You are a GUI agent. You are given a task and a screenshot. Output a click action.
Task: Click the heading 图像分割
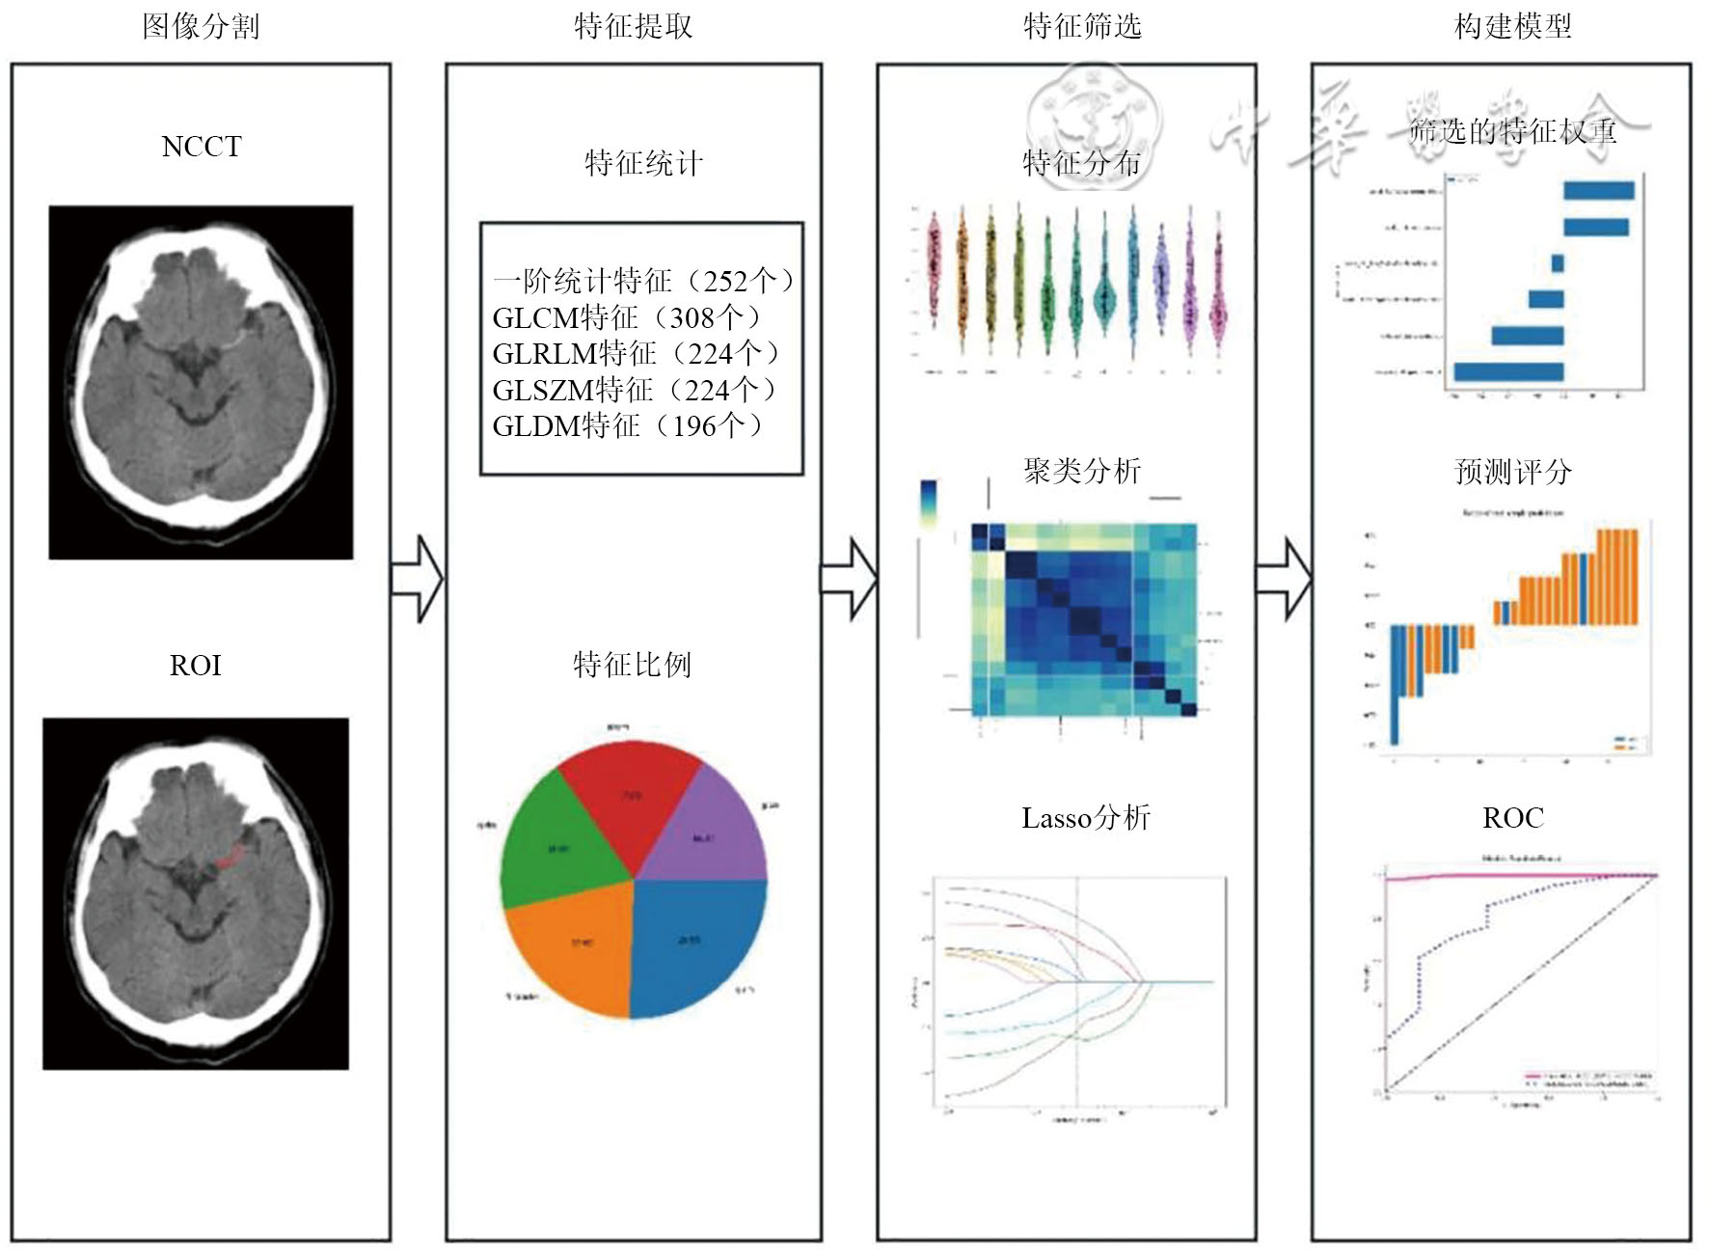[x=201, y=26]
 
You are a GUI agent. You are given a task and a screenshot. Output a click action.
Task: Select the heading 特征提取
[x=633, y=26]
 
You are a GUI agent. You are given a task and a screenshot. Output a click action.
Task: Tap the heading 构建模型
[x=1512, y=26]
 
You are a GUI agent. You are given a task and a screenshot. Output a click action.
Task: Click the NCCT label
[x=201, y=147]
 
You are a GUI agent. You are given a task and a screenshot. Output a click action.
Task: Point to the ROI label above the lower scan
[x=196, y=666]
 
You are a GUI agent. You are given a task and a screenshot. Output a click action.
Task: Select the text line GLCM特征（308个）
[x=626, y=317]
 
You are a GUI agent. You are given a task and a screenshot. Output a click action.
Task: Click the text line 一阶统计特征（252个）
[x=643, y=281]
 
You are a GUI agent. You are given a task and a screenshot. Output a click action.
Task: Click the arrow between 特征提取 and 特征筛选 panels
[x=849, y=579]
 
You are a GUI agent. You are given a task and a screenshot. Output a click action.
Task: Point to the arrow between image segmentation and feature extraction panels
[x=418, y=579]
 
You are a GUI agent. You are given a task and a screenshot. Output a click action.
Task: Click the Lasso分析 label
[x=1086, y=818]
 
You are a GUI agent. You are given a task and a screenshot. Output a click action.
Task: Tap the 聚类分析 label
[x=1082, y=471]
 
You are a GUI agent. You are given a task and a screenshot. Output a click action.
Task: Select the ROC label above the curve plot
[x=1512, y=818]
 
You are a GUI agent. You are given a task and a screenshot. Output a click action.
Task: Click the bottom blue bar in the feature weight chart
[x=1508, y=371]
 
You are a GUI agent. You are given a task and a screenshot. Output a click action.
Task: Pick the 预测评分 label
[x=1512, y=471]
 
